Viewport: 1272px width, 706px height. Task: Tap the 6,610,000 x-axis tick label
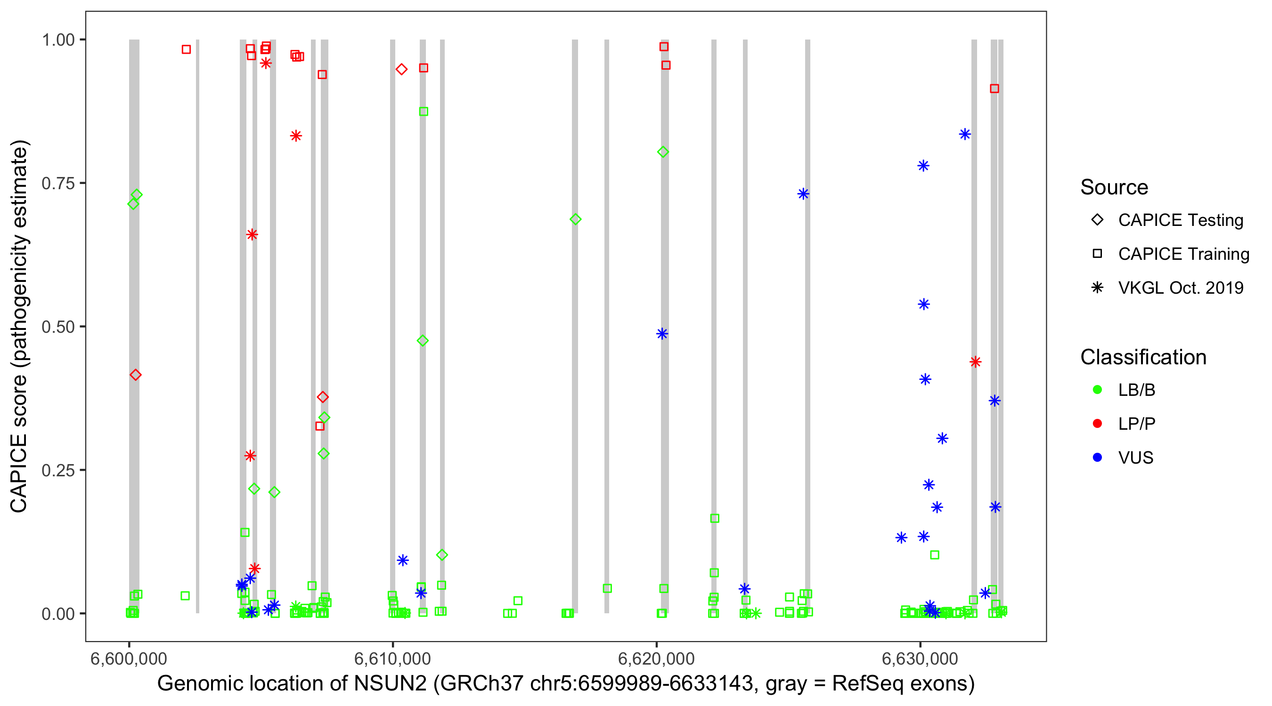(392, 658)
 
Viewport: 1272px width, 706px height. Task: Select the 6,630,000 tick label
(920, 658)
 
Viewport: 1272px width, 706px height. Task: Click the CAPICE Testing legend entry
(1180, 220)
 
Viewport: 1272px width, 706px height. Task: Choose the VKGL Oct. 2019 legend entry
(1180, 288)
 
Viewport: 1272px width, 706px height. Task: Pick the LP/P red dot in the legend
(1097, 424)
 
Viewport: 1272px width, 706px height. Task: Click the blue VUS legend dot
(1097, 457)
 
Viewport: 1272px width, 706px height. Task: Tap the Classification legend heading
(1143, 357)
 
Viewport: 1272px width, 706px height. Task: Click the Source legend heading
(1114, 187)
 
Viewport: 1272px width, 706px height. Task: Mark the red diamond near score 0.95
(401, 69)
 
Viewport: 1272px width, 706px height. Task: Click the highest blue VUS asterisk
(965, 134)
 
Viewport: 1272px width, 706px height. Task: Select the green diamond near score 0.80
(663, 152)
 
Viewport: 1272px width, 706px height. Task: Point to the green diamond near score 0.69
(575, 219)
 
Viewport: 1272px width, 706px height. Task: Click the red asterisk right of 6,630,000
(975, 362)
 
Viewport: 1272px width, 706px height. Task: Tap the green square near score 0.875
(423, 112)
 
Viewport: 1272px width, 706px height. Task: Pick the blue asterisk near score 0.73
(803, 194)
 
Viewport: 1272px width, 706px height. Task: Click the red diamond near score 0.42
(135, 375)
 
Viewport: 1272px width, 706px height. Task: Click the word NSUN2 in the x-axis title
(390, 684)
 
